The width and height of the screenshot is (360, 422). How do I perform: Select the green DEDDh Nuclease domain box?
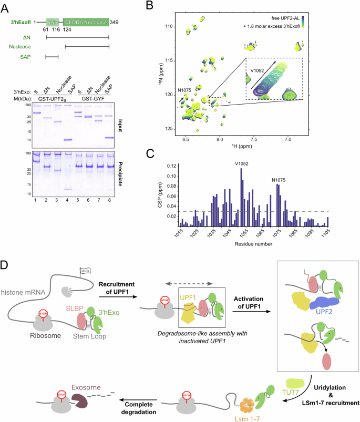coord(86,22)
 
